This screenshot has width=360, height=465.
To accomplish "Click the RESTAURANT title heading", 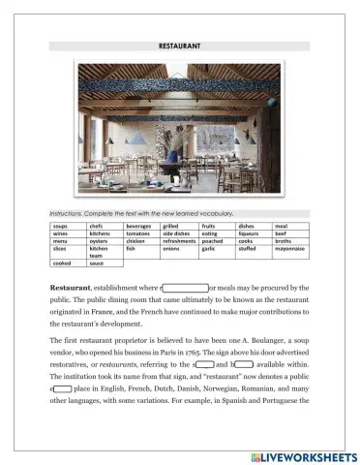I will pos(179,46).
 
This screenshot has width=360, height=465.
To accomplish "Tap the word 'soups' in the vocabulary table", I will pos(60,225).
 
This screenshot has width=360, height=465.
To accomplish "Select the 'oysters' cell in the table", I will pos(100,241).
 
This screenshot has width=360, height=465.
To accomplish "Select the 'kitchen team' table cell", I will pos(99,253).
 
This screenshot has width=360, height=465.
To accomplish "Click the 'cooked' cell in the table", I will pos(61,263).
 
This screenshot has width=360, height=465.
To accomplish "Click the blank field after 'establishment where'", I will pos(185,288).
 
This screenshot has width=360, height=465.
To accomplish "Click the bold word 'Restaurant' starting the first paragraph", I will pos(73,288).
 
